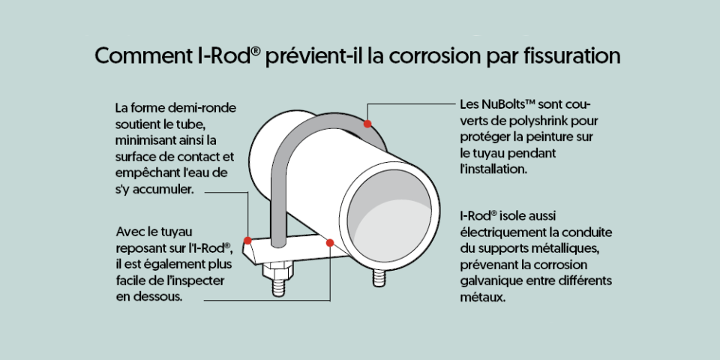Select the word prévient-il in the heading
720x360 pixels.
[316, 57]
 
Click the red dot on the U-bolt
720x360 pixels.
[367, 123]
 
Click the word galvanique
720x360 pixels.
[491, 280]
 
